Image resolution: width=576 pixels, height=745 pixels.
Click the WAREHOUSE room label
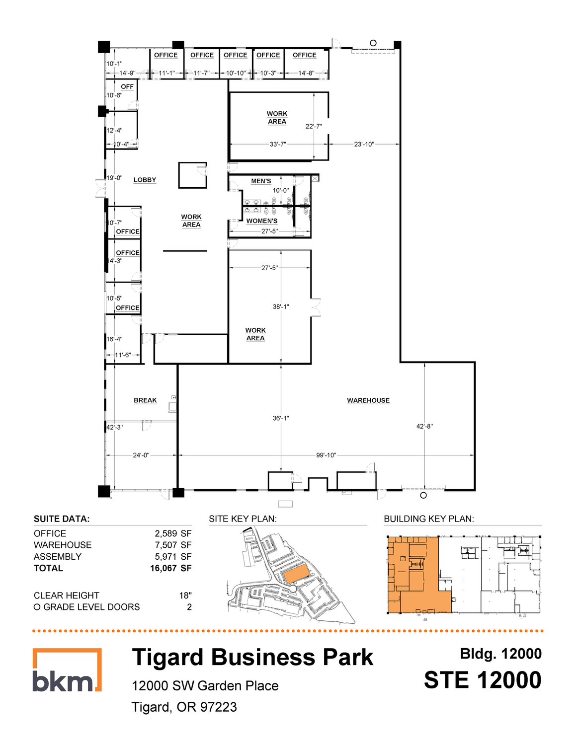click(368, 400)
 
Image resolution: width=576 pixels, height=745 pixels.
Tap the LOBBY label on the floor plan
click(145, 180)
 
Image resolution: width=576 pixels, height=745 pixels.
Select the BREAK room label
click(145, 400)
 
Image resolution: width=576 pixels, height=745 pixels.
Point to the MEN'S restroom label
click(261, 181)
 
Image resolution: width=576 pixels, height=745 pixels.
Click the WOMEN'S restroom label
click(262, 221)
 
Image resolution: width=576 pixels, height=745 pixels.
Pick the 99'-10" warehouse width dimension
click(326, 455)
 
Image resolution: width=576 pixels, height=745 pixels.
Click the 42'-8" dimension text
click(425, 426)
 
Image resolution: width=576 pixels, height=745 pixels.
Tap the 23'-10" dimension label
click(364, 145)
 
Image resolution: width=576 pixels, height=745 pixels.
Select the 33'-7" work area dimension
click(278, 145)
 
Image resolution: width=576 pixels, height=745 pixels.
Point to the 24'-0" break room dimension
click(141, 455)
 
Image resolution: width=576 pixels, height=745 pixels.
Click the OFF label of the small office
click(127, 87)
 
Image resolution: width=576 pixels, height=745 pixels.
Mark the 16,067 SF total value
click(171, 568)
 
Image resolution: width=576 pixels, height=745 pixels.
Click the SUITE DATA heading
click(62, 519)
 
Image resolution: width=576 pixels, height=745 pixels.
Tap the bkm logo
click(67, 670)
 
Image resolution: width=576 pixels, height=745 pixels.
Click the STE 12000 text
click(483, 680)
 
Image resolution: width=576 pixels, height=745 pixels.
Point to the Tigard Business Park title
click(252, 658)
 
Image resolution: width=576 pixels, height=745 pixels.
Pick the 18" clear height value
click(185, 596)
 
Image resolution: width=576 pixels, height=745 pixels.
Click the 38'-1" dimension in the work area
click(281, 307)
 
